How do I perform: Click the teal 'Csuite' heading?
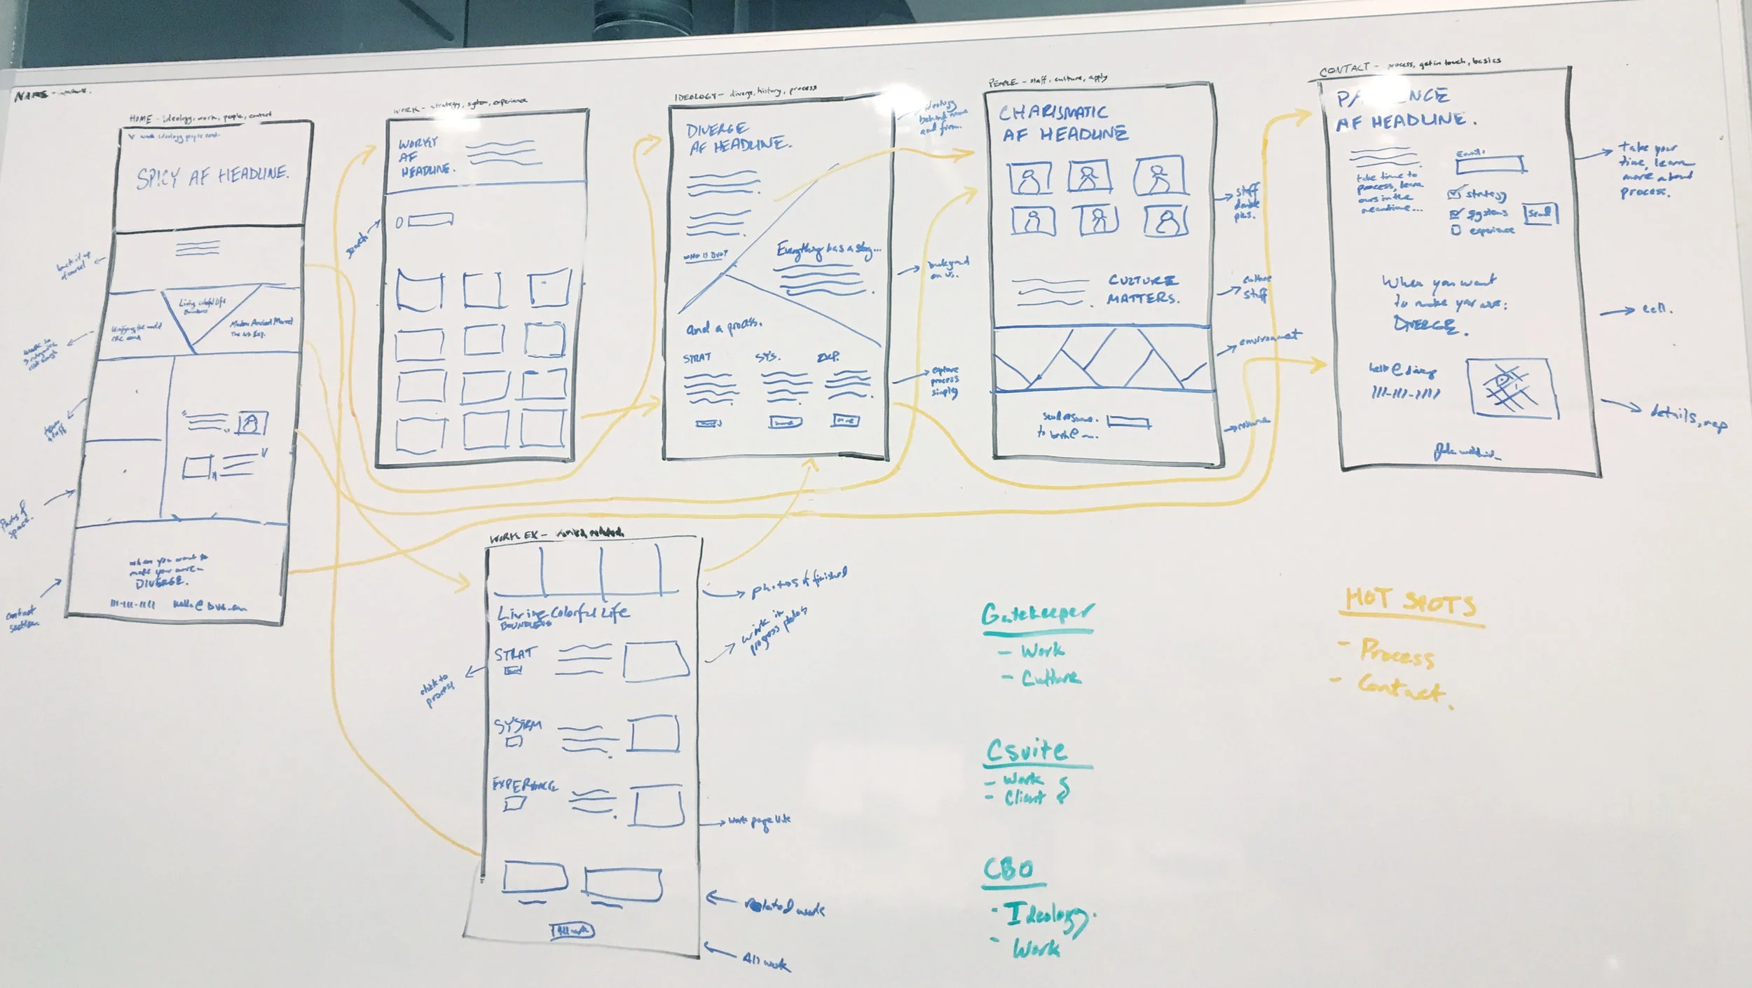(x=1027, y=751)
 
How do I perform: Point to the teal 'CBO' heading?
(x=1008, y=870)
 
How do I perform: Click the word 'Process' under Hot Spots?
(x=1397, y=653)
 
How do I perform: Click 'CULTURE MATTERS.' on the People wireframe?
(x=1143, y=289)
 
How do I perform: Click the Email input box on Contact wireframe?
(x=1490, y=165)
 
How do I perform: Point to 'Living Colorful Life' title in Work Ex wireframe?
(x=563, y=615)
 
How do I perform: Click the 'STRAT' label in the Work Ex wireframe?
(x=516, y=654)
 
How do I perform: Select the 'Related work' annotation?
(x=784, y=907)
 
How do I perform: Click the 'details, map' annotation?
(x=1688, y=417)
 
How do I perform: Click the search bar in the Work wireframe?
(x=430, y=221)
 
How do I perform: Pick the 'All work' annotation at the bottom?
(x=765, y=963)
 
